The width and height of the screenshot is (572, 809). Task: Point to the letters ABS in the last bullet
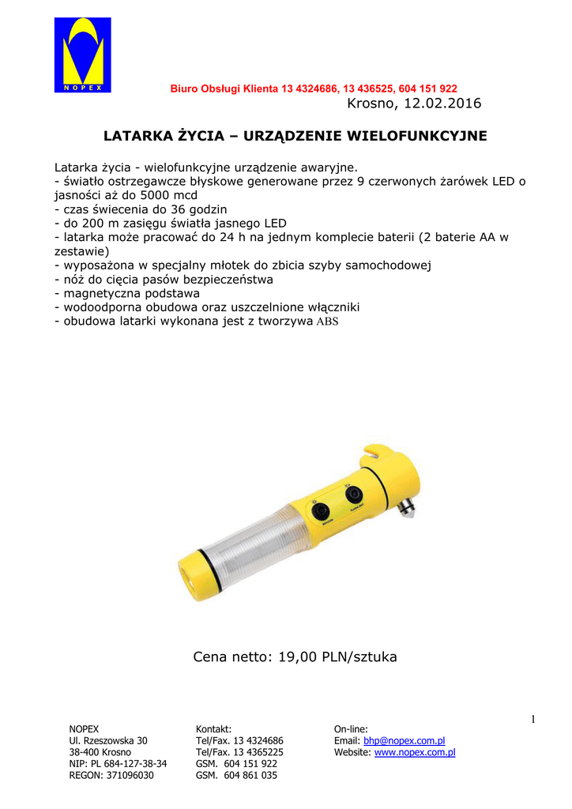pyautogui.click(x=327, y=322)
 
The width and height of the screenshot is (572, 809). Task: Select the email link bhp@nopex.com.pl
pyautogui.click(x=404, y=741)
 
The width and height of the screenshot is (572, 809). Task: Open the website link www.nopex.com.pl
pyautogui.click(x=414, y=753)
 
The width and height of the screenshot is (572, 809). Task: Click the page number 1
pyautogui.click(x=532, y=718)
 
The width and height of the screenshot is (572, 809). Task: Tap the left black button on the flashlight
pyautogui.click(x=320, y=511)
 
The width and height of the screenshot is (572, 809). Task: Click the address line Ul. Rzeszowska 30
pyautogui.click(x=108, y=741)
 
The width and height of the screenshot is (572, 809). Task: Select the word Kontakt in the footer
pyautogui.click(x=213, y=729)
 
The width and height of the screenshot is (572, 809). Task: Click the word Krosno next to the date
pyautogui.click(x=371, y=103)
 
